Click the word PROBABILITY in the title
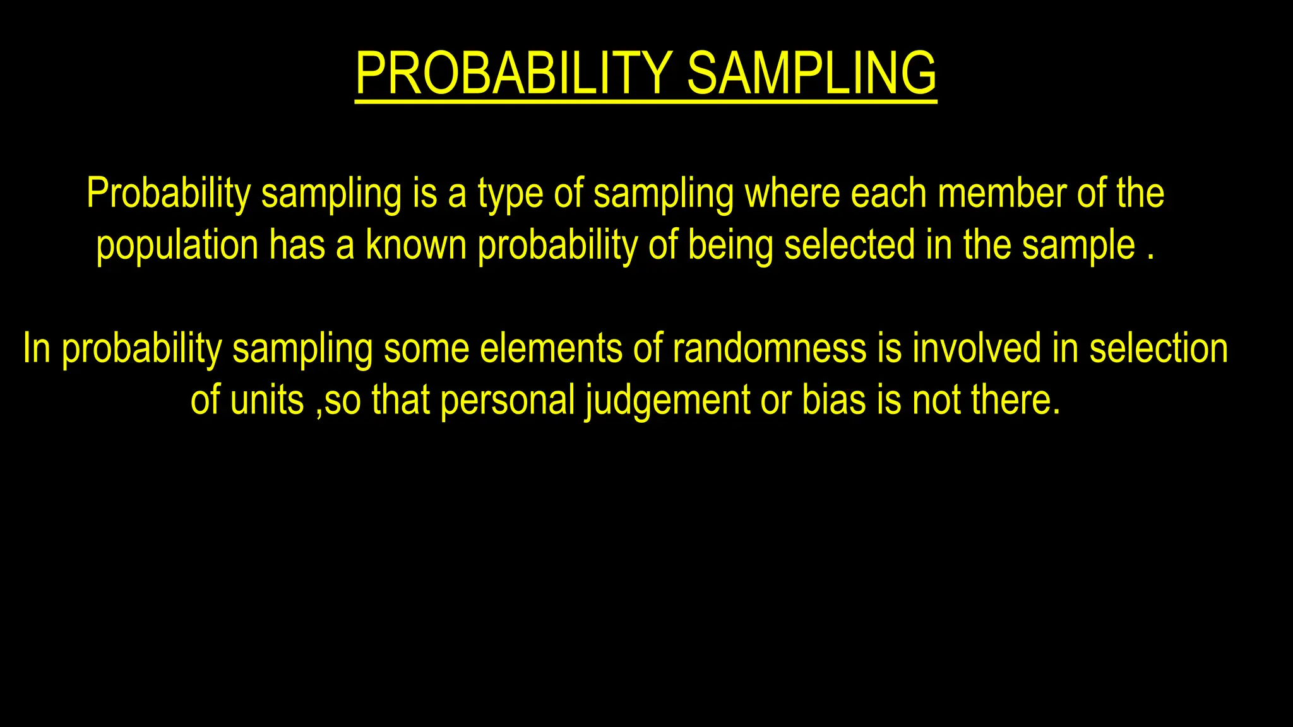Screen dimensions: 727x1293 pyautogui.click(x=513, y=74)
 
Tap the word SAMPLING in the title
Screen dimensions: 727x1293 pyautogui.click(x=811, y=74)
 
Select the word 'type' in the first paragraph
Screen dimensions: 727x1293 pyautogui.click(x=510, y=194)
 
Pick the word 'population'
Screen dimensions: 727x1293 pyautogui.click(x=177, y=246)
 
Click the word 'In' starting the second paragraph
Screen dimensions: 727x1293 pyautogui.click(x=37, y=348)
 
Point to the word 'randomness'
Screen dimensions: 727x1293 pyautogui.click(x=770, y=348)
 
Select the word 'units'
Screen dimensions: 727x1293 pyautogui.click(x=267, y=400)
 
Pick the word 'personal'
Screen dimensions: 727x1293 pyautogui.click(x=508, y=401)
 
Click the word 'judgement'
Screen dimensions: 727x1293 pyautogui.click(x=667, y=401)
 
